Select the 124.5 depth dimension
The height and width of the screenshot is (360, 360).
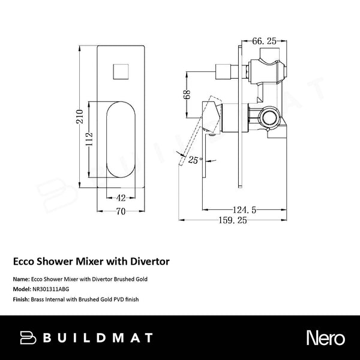pos(246,209)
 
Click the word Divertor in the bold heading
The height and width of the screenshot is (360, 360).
pos(150,262)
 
